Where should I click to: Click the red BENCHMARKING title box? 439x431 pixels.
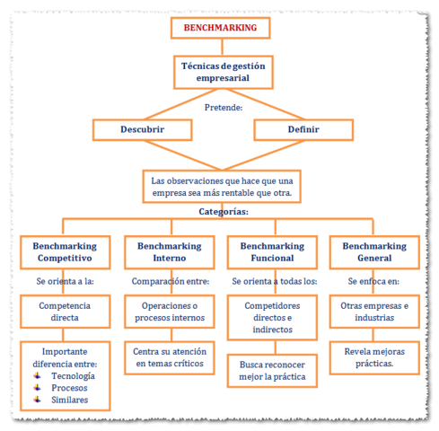(x=220, y=28)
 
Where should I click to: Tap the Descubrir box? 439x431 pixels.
(x=142, y=129)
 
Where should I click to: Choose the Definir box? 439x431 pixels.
(x=303, y=129)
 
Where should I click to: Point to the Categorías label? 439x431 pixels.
(x=223, y=212)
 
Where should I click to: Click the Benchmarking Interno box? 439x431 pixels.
(x=169, y=252)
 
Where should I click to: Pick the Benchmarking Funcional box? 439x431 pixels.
(x=272, y=252)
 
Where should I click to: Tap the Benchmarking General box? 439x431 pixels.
(x=375, y=252)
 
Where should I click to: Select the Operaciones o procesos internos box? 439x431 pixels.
(x=169, y=312)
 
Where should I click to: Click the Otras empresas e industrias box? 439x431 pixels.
(x=375, y=312)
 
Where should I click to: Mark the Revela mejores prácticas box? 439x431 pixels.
(x=375, y=357)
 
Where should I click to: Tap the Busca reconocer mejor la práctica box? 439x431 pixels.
(x=272, y=372)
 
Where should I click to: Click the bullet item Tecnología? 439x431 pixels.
(x=70, y=376)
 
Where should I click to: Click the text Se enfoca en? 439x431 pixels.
(x=374, y=281)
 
